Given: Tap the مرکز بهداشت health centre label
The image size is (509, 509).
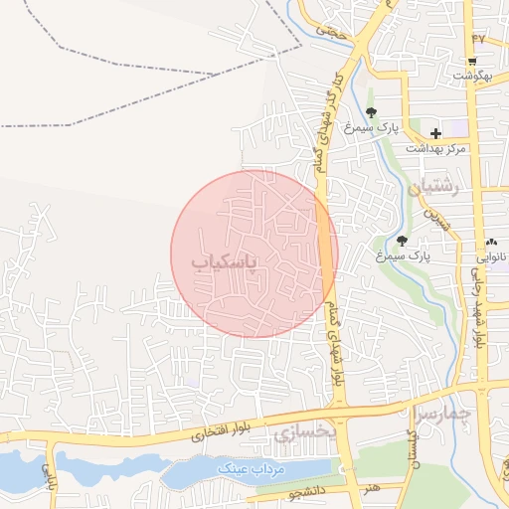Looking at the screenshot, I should click(435, 148).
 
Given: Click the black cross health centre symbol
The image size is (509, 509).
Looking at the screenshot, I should click(435, 132).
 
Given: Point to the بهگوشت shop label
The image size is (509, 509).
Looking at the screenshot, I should click(472, 76).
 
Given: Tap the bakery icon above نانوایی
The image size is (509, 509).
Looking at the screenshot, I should click(491, 242).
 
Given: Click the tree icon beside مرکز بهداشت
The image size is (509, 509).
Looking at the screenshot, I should click(371, 112).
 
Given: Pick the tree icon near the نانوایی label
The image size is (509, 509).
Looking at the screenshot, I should click(402, 240).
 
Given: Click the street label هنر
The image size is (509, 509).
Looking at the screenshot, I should click(370, 487).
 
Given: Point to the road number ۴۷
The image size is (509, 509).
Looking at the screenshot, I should click(478, 38).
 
